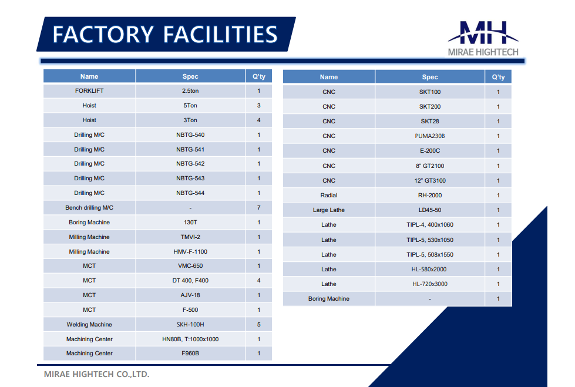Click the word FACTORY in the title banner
point(103,35)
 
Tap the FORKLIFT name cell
point(89,90)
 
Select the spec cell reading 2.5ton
point(190,90)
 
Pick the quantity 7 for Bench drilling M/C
point(258,208)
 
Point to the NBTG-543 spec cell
point(190,179)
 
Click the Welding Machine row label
point(89,324)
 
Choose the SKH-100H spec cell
point(190,324)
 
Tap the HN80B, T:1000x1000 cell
point(190,339)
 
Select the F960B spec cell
point(190,354)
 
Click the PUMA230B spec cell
point(430,136)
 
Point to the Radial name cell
point(328,195)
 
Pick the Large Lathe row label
point(328,210)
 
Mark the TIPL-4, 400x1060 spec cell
point(430,224)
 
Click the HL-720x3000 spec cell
point(430,284)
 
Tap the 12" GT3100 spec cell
point(430,180)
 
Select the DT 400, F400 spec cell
point(190,280)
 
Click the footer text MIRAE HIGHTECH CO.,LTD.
point(96,374)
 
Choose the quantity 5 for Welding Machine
point(258,324)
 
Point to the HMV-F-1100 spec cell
point(190,252)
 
